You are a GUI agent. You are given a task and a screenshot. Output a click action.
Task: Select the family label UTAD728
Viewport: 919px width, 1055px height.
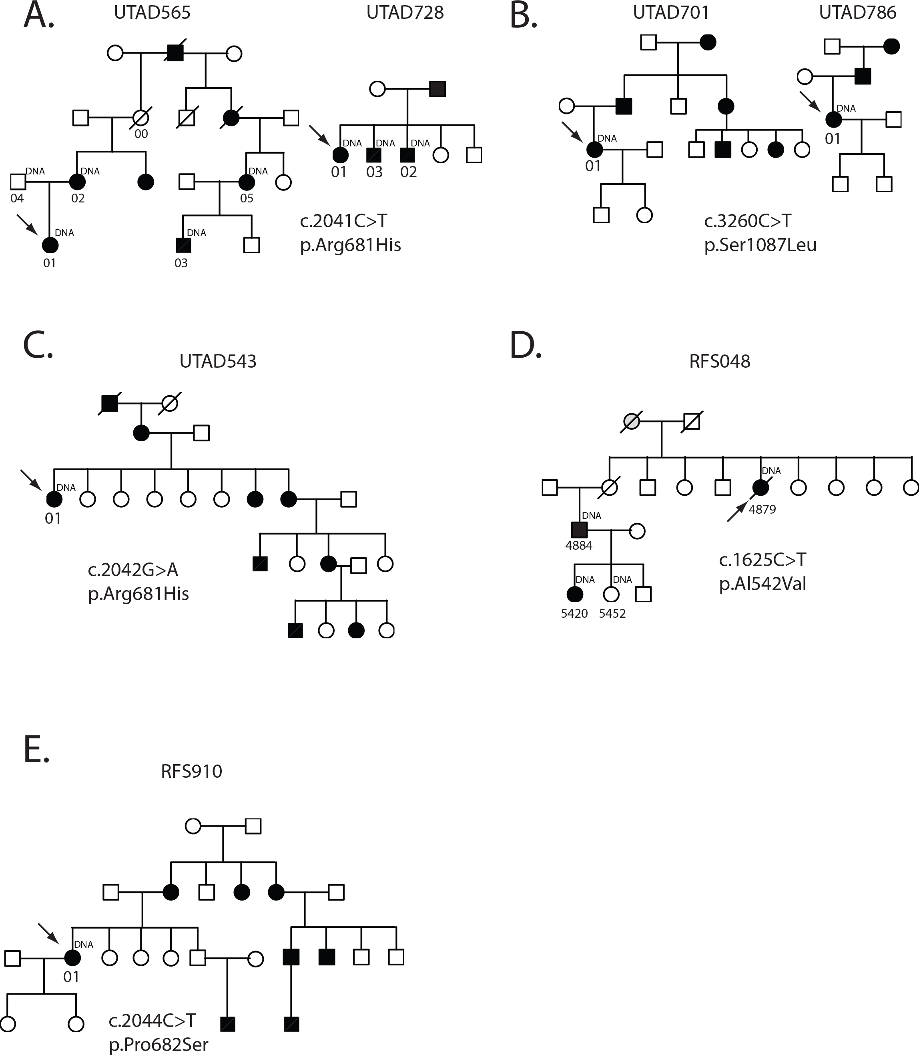click(405, 12)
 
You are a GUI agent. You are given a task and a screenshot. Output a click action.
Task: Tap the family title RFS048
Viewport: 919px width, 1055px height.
click(720, 361)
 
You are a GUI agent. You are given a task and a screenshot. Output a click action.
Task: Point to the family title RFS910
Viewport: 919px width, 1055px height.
click(191, 771)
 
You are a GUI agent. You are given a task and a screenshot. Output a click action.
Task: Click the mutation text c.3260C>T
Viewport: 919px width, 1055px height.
click(747, 221)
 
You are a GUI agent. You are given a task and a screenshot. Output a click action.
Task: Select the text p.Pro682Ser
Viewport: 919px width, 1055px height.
click(159, 1044)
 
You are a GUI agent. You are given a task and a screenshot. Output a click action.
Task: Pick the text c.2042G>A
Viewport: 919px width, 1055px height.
click(133, 570)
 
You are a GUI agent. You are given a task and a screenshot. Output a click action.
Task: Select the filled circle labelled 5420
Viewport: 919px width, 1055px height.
click(575, 594)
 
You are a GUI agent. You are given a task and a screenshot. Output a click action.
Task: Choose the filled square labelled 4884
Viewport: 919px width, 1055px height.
click(579, 530)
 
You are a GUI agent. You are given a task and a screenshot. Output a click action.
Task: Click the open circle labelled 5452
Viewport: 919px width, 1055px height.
click(611, 594)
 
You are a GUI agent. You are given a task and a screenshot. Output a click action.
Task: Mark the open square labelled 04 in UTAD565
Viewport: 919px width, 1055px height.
click(18, 182)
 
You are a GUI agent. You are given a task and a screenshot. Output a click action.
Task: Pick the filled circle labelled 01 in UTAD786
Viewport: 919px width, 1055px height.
click(833, 120)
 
